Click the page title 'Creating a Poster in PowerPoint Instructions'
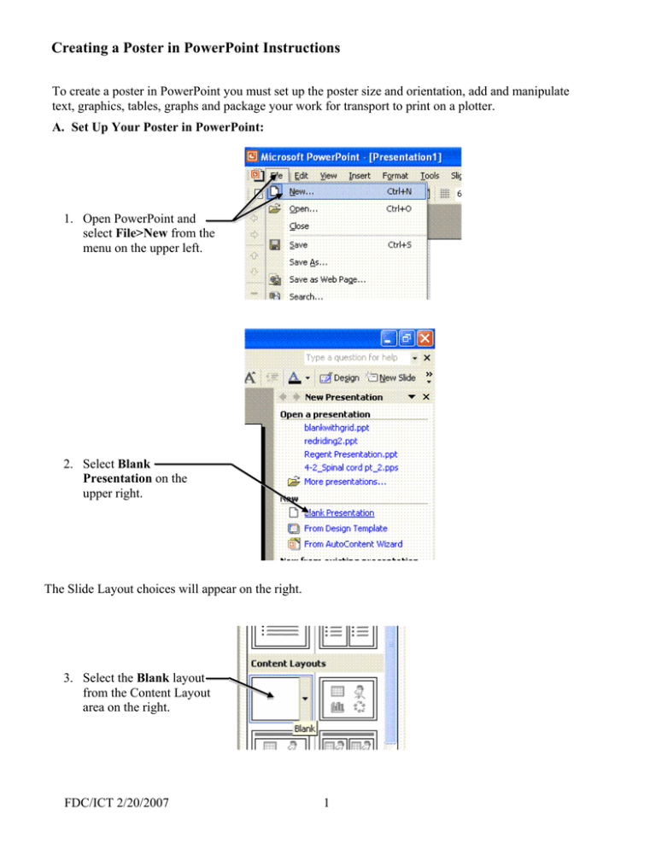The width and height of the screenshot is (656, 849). [196, 49]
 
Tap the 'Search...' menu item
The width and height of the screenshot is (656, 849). [306, 296]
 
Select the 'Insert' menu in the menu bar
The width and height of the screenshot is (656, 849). [360, 174]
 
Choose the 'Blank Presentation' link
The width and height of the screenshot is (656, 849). [338, 512]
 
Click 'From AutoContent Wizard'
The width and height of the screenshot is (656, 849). [353, 543]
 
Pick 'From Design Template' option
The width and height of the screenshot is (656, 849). [346, 528]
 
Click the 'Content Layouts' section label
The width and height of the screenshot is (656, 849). [290, 663]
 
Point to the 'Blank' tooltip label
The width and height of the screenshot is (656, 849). [306, 728]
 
